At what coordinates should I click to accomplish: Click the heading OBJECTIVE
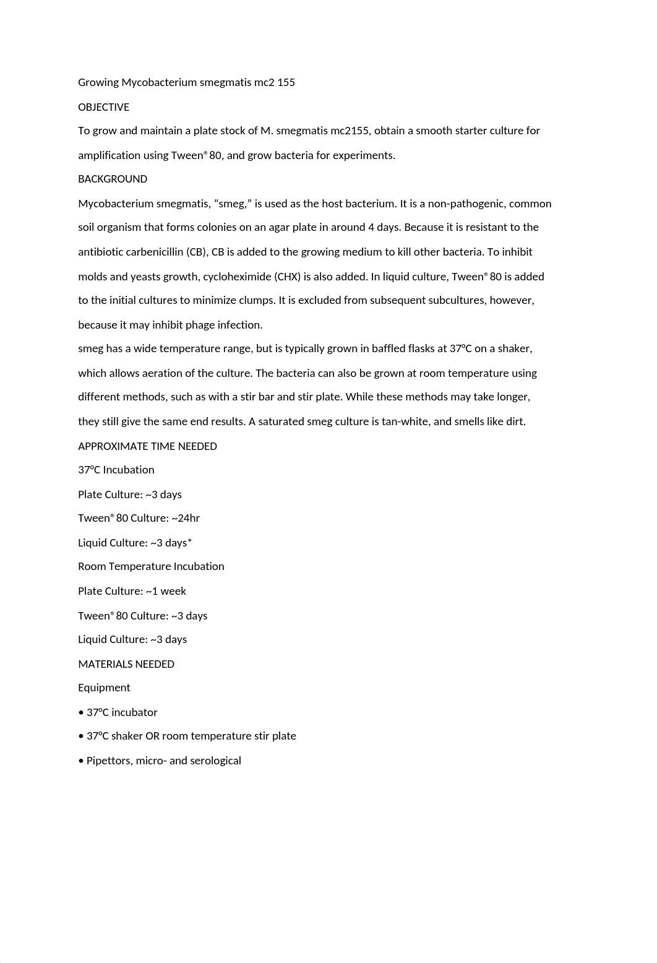(103, 107)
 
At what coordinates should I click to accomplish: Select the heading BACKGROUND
(113, 179)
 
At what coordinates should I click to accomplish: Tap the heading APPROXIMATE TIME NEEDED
(147, 446)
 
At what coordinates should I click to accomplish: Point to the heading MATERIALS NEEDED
(126, 664)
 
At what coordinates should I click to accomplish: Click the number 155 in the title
(286, 82)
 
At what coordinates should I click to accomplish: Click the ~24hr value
(186, 518)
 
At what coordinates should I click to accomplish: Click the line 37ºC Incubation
(116, 470)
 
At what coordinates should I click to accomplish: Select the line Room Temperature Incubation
(151, 566)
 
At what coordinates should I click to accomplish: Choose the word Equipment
(104, 688)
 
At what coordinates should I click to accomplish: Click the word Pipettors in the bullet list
(109, 761)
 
